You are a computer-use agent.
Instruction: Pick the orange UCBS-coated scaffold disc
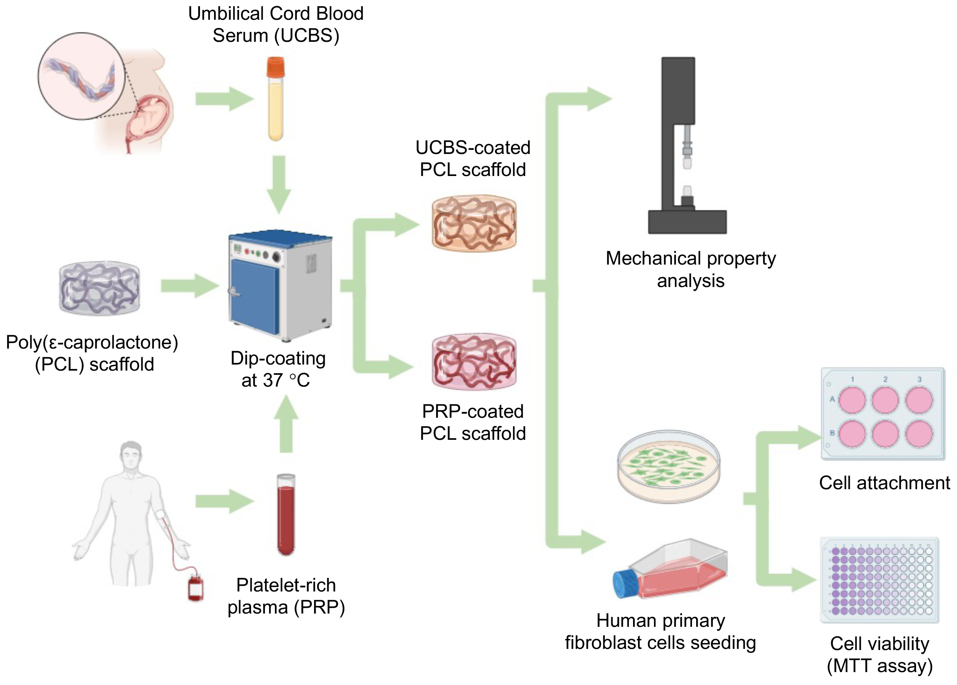[474, 224]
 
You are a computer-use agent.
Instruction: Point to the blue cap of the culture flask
[626, 584]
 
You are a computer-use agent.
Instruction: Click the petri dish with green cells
[668, 466]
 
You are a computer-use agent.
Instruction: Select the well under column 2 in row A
[885, 400]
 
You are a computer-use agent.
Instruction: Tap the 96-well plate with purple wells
[879, 580]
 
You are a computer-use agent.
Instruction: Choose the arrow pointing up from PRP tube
[286, 423]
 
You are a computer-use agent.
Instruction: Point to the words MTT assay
[879, 666]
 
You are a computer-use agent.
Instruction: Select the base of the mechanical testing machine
[687, 222]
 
